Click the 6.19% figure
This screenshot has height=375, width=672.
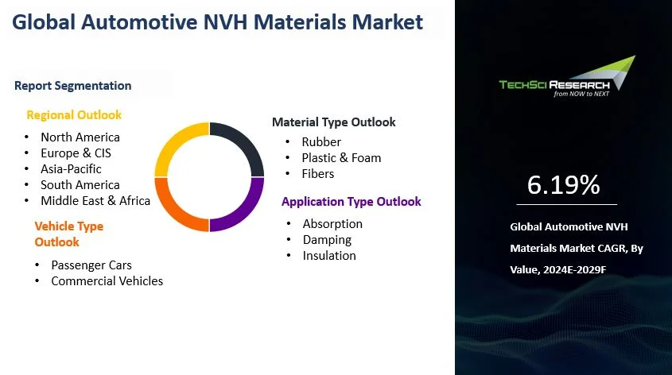click(563, 185)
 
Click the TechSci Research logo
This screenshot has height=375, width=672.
click(566, 77)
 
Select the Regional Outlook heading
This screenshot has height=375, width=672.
click(74, 115)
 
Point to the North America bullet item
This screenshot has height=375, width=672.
click(80, 137)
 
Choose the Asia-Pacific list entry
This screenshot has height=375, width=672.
click(71, 169)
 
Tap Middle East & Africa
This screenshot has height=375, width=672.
click(95, 201)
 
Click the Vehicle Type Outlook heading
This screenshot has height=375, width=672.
click(69, 234)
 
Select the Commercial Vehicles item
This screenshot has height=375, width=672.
click(107, 281)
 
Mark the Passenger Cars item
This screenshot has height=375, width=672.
click(91, 265)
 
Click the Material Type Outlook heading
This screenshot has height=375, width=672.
click(334, 122)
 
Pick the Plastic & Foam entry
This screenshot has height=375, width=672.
click(341, 158)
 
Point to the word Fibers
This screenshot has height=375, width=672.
click(318, 174)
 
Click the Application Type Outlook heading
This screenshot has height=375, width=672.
click(352, 202)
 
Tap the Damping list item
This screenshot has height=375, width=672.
click(327, 240)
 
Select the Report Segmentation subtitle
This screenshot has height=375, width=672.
click(73, 86)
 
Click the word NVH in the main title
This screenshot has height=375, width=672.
click(225, 22)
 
